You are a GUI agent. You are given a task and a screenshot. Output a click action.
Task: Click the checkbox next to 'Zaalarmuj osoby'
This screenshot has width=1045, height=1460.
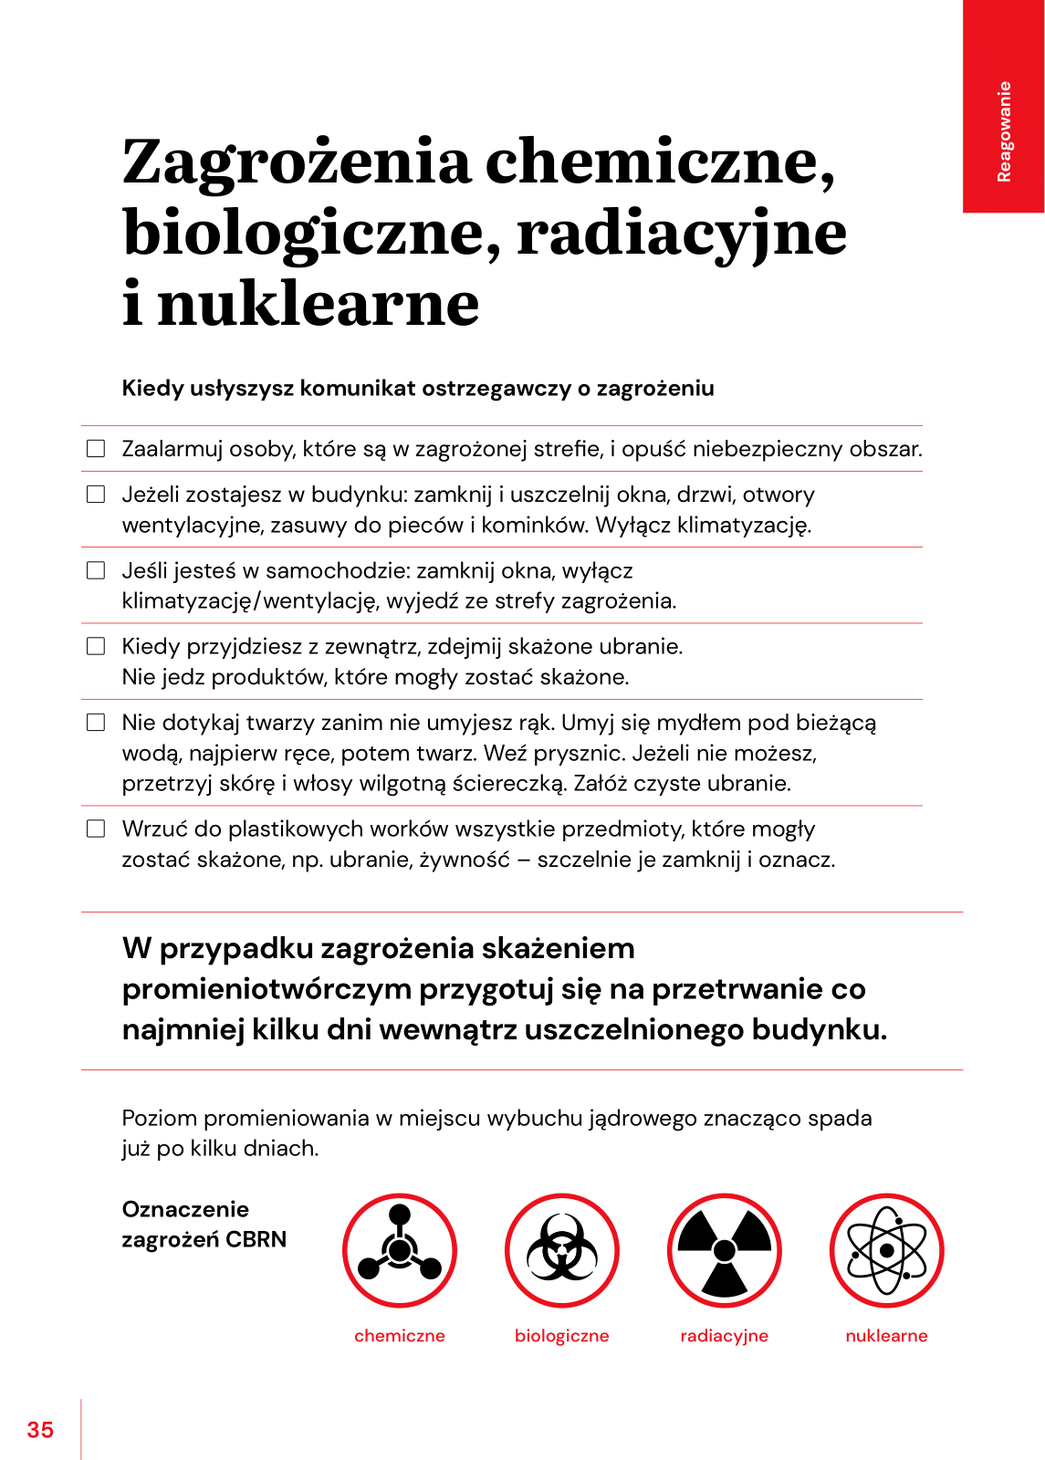(96, 449)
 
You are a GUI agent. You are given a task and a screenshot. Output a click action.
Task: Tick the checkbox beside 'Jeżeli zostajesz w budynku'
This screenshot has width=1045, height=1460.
(96, 495)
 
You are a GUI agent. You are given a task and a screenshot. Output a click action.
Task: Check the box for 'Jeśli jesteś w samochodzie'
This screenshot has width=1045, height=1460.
(96, 570)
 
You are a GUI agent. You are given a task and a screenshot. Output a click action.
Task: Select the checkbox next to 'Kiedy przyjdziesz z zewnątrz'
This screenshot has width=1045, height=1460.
(96, 646)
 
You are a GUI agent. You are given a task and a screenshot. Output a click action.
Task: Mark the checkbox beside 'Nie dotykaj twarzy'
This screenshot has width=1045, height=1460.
(96, 723)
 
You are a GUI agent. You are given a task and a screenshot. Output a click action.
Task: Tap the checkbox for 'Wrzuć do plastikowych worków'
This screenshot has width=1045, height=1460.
(96, 829)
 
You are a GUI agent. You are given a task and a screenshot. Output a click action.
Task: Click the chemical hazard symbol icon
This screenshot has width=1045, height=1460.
(400, 1250)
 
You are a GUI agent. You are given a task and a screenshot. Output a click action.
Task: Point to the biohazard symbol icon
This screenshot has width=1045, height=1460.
(562, 1250)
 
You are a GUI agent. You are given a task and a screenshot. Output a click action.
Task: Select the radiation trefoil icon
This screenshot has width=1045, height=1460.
(725, 1250)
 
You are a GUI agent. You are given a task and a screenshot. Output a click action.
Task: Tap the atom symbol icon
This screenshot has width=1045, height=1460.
(887, 1250)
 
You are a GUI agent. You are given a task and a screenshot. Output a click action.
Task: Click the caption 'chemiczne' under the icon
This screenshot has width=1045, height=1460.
(400, 1336)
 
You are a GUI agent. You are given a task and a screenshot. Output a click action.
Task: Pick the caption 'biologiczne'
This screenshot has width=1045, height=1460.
(562, 1336)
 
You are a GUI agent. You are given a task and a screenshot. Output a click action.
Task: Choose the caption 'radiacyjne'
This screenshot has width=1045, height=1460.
(725, 1336)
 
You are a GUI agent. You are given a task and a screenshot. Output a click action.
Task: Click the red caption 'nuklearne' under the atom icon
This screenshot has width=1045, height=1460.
(887, 1336)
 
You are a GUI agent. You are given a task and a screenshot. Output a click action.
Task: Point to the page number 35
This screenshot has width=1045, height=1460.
(40, 1430)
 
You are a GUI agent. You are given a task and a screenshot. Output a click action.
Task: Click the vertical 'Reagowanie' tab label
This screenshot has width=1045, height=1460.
(1004, 131)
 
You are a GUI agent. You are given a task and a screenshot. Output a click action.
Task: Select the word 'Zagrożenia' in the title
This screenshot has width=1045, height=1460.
(297, 162)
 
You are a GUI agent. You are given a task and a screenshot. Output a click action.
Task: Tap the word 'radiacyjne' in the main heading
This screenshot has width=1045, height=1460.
(682, 234)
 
